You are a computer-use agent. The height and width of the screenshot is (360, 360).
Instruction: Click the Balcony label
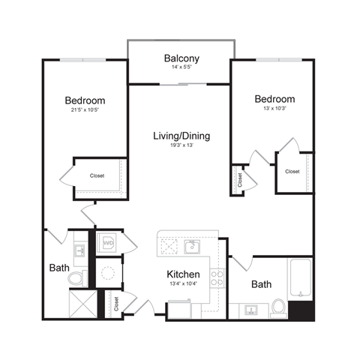pos(180,58)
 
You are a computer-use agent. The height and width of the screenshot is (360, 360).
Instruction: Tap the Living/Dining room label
pos(181,136)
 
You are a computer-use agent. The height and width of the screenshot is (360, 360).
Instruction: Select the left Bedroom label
pos(85,100)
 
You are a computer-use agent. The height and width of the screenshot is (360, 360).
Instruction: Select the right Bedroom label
pos(274,99)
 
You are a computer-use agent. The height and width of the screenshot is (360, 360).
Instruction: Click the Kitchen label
pos(182,274)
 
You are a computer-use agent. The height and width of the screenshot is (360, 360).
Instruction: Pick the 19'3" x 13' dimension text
pos(181,145)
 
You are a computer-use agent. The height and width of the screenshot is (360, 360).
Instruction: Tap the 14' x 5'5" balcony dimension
pos(180,67)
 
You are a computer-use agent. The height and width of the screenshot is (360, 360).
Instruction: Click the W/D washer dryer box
pos(108,243)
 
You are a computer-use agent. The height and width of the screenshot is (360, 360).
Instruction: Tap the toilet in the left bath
pos(77,278)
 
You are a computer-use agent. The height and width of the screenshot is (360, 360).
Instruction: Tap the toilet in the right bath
pos(277,307)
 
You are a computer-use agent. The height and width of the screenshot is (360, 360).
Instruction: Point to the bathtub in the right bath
pos(300,278)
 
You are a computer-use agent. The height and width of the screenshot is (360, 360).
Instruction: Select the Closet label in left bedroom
pos(97,176)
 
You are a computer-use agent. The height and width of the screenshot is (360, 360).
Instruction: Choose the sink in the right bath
pos(251,309)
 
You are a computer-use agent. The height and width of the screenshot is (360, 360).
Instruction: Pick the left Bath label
pos(59,268)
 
